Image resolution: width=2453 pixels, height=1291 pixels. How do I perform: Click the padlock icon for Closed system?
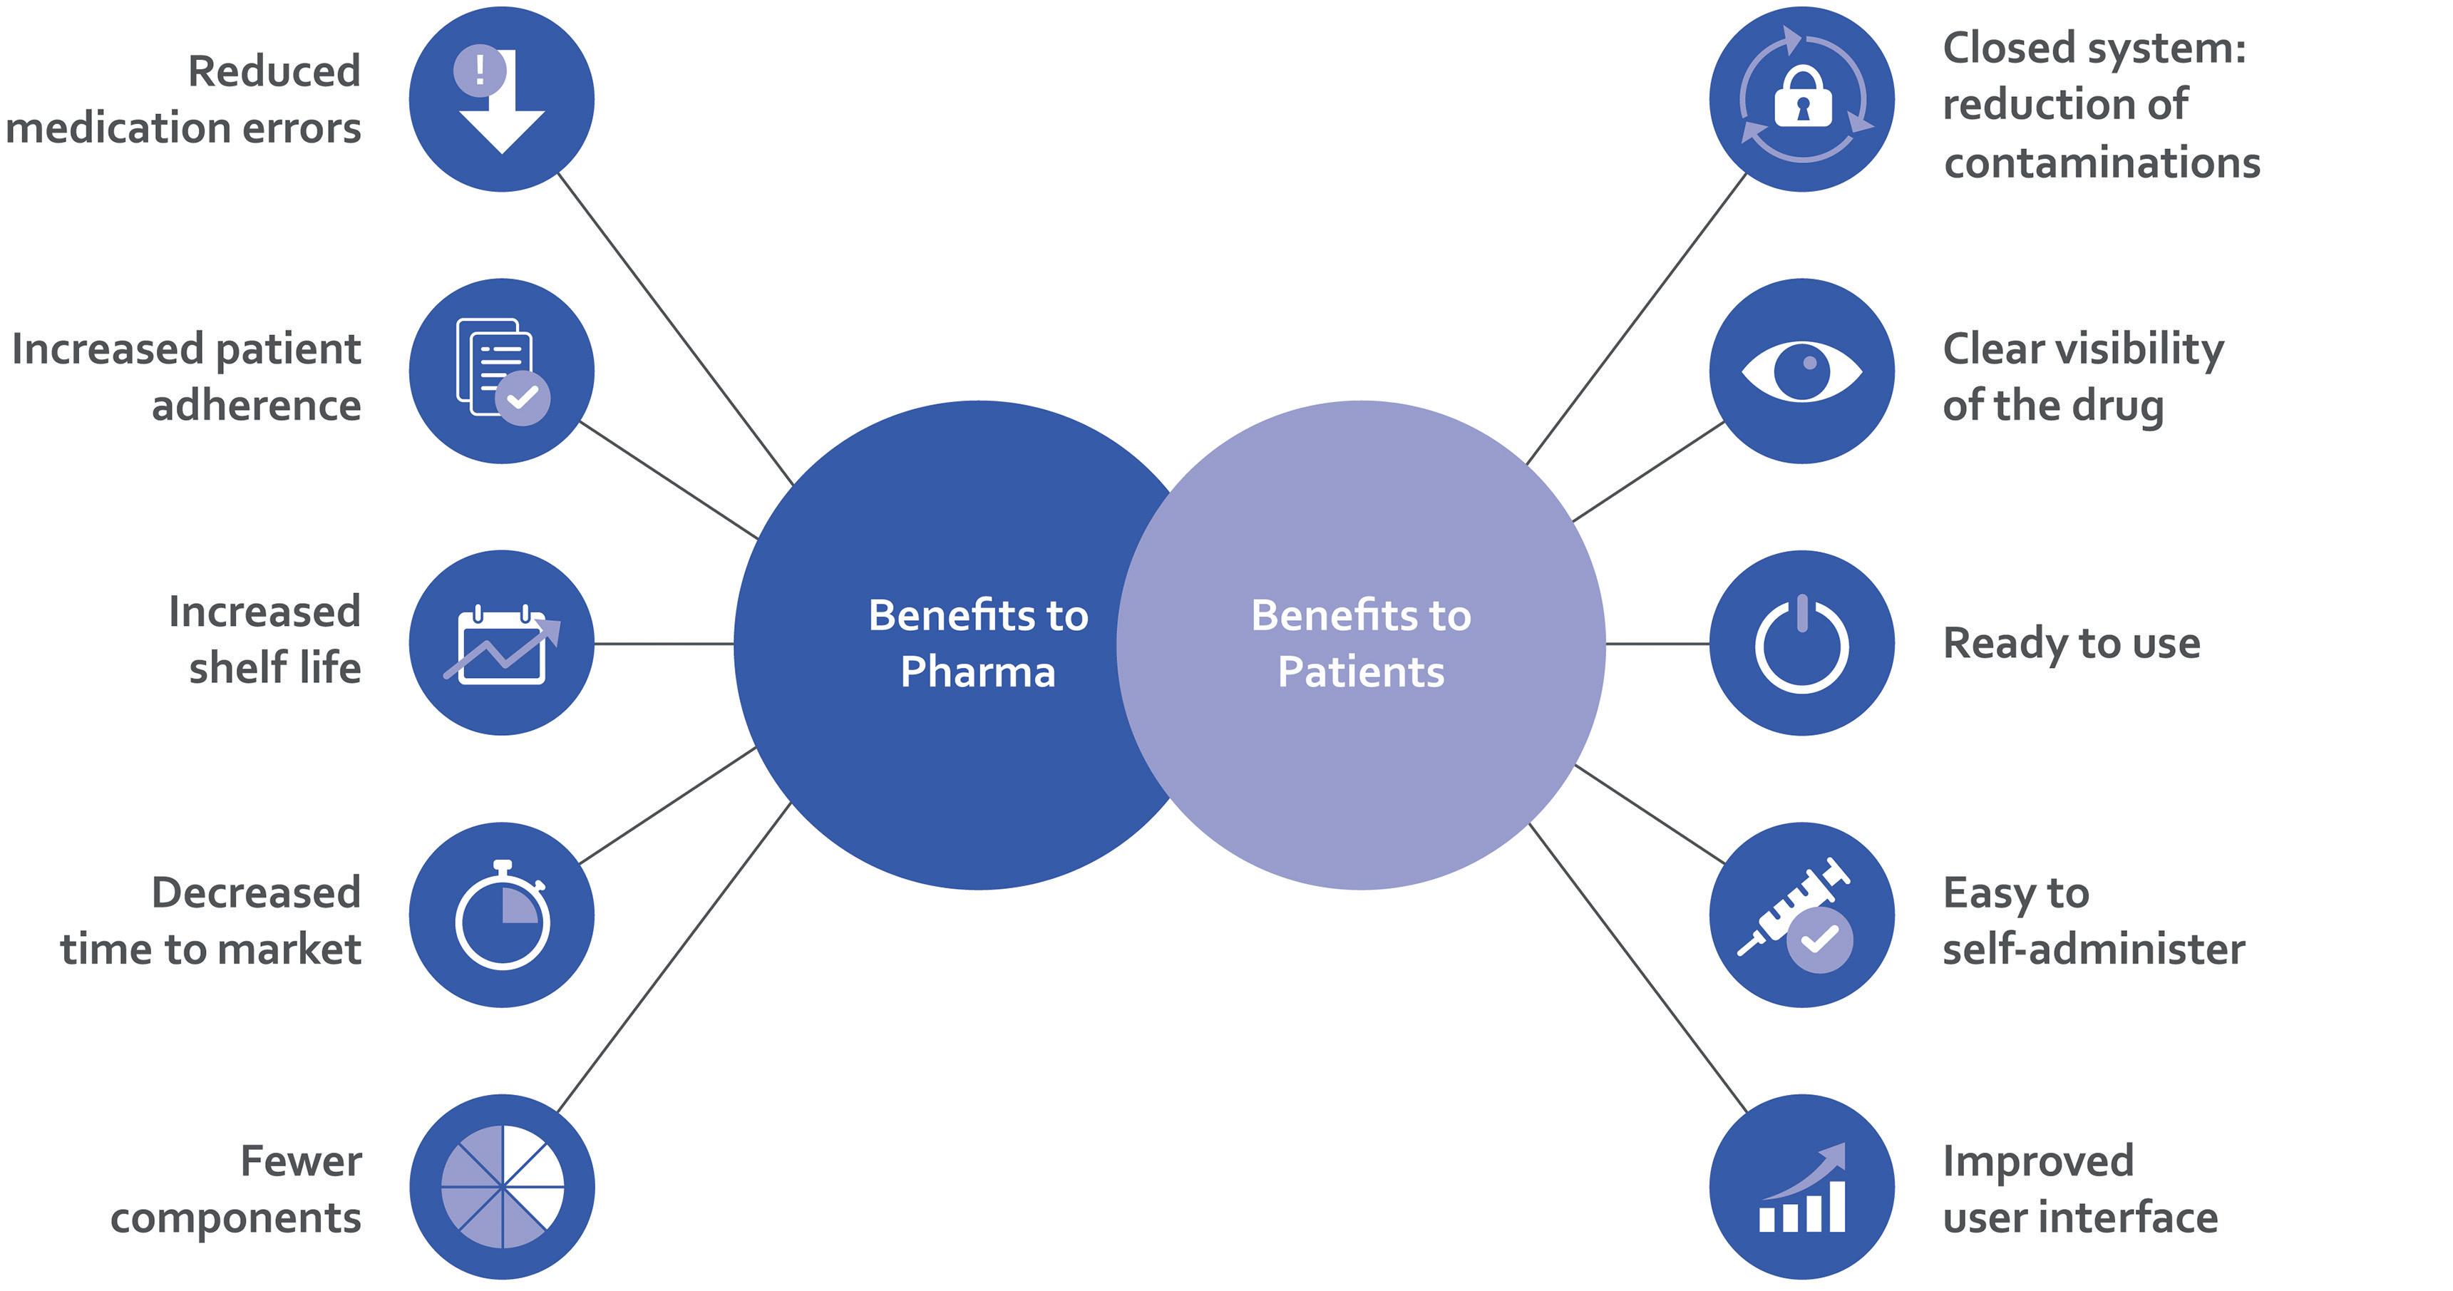[1801, 98]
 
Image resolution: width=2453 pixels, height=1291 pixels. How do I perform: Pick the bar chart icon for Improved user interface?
[1801, 1190]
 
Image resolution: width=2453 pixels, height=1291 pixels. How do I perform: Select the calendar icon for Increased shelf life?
[502, 646]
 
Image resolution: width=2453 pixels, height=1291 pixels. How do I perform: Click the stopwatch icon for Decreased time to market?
[502, 917]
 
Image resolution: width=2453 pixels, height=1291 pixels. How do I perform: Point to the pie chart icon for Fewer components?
[502, 1187]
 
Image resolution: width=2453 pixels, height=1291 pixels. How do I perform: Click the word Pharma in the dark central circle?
[978, 672]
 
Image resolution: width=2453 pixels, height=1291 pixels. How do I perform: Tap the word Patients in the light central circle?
[1361, 672]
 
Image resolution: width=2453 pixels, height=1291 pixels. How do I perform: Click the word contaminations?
[2102, 163]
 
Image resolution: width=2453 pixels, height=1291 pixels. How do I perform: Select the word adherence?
[256, 406]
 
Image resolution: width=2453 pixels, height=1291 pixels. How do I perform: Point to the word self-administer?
[2093, 950]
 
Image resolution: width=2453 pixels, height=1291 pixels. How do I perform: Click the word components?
[235, 1218]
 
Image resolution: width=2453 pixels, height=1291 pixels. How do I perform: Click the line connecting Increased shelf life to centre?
[664, 644]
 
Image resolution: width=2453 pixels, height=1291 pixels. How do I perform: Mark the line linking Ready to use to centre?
[1657, 644]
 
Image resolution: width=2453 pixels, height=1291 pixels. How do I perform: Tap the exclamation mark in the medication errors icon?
[479, 69]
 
